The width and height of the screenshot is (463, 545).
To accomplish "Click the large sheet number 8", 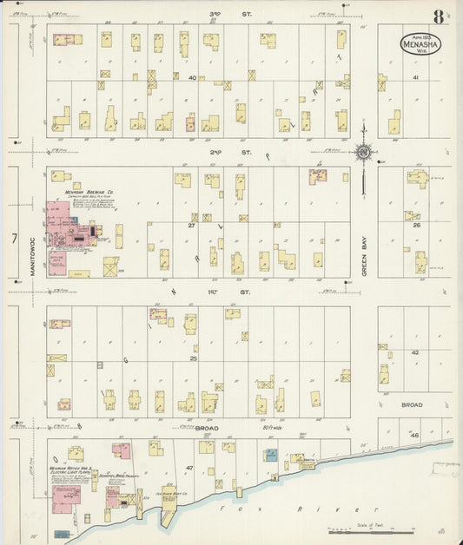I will (439, 16).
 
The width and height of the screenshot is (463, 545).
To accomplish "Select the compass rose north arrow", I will (362, 153).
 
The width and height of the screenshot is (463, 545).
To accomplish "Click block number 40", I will (192, 77).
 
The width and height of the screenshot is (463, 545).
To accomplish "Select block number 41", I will (415, 77).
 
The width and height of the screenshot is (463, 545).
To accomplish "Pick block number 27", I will (192, 225).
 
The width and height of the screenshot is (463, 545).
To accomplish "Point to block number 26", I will (417, 225).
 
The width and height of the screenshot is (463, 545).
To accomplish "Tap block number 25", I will (193, 358).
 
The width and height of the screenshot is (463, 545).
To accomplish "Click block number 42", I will (415, 352).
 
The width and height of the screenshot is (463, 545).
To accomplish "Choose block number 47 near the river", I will (189, 468).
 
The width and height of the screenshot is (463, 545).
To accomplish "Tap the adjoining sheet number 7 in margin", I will (14, 237).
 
